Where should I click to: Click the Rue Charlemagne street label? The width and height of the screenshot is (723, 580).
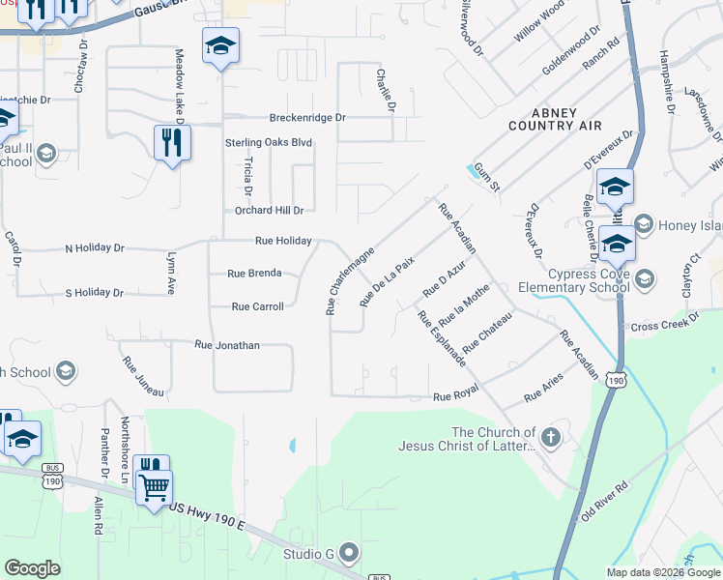point(350,272)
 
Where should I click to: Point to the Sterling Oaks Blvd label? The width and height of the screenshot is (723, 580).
point(269,142)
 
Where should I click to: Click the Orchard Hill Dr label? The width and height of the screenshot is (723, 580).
point(270,210)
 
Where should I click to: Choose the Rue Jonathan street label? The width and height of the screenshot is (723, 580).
point(227,344)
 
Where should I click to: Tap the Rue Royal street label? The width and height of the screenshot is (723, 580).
point(456,396)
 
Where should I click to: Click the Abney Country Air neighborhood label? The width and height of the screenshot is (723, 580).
point(555,118)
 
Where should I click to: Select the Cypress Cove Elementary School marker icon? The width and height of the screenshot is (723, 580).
point(647,279)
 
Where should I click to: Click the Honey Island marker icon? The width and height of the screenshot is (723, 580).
point(645,225)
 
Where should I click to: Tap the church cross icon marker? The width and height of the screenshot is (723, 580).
point(551,439)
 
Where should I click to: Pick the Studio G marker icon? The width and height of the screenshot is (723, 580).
point(350,553)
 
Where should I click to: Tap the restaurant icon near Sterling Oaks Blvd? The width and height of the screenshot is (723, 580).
point(171,143)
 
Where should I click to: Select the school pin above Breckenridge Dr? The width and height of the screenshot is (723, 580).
point(220,45)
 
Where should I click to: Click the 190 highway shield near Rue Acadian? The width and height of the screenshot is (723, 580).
point(616,381)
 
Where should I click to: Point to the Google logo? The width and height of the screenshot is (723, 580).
point(33,568)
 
